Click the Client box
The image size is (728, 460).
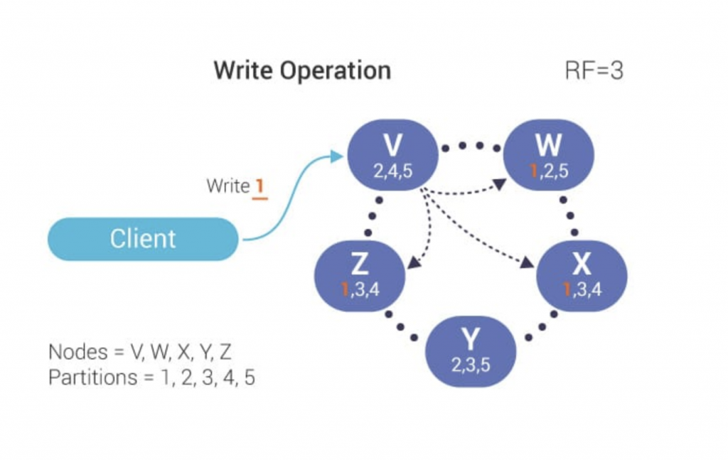(x=142, y=239)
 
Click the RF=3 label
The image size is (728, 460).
(x=594, y=71)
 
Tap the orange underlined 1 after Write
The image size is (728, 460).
(x=259, y=187)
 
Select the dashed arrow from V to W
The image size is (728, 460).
(x=469, y=191)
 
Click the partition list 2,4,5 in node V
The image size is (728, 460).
(x=392, y=171)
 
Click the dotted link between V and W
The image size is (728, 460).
(x=470, y=146)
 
